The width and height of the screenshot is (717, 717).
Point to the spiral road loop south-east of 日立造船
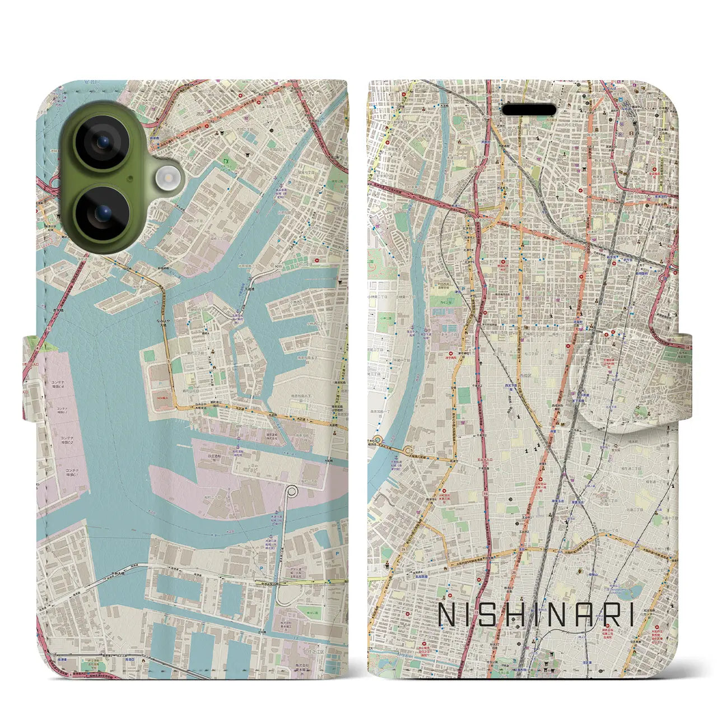click(291, 492)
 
